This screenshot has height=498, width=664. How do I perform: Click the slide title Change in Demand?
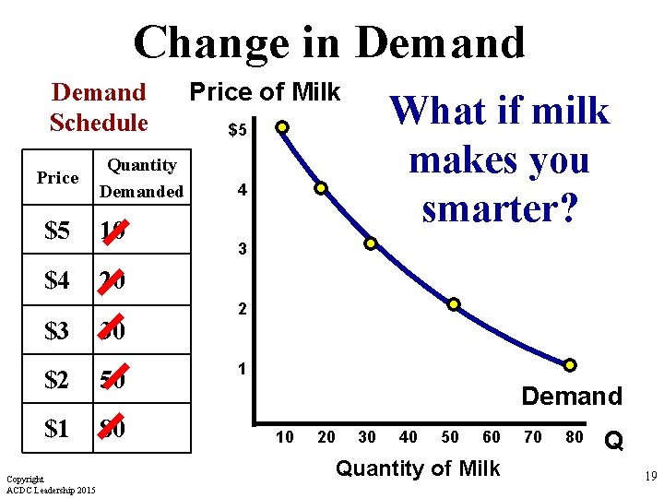329,42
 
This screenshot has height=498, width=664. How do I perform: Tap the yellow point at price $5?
283,126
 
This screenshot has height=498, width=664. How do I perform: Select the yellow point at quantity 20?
321,188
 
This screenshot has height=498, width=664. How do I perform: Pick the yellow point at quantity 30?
370,244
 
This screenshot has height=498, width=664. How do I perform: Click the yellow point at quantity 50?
454,304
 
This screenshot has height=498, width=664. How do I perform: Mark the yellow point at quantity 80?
570,365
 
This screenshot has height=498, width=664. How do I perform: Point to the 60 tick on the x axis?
492,437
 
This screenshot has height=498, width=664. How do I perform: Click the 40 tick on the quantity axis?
409,437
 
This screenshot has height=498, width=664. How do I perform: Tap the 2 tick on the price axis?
242,310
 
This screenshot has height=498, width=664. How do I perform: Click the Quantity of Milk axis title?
418,468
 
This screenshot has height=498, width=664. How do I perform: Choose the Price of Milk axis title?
265,92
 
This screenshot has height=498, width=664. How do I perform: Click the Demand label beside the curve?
572,397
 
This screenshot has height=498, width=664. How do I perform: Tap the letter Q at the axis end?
612,443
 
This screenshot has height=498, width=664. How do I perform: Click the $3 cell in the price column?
57,330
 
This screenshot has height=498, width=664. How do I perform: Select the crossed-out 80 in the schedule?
113,429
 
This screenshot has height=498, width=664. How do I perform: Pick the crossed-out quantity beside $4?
113,280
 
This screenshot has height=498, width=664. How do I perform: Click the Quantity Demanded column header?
141,178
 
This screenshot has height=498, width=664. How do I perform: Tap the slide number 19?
648,478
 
